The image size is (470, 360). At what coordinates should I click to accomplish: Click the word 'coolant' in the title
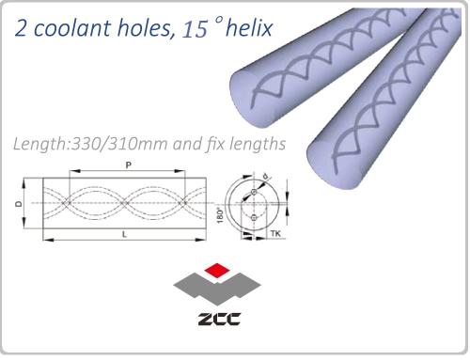pos(71,28)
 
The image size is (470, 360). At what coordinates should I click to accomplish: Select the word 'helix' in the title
pos(249,28)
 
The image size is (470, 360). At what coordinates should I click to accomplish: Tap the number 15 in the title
pos(195,30)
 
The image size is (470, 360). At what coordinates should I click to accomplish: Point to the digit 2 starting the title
pos(21,28)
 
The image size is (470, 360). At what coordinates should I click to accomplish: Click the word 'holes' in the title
pos(147,29)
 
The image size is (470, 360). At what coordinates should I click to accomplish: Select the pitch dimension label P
pos(128,164)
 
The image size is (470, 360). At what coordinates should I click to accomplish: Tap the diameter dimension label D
pos(19,204)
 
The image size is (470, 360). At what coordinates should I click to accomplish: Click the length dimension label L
pos(124,234)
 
